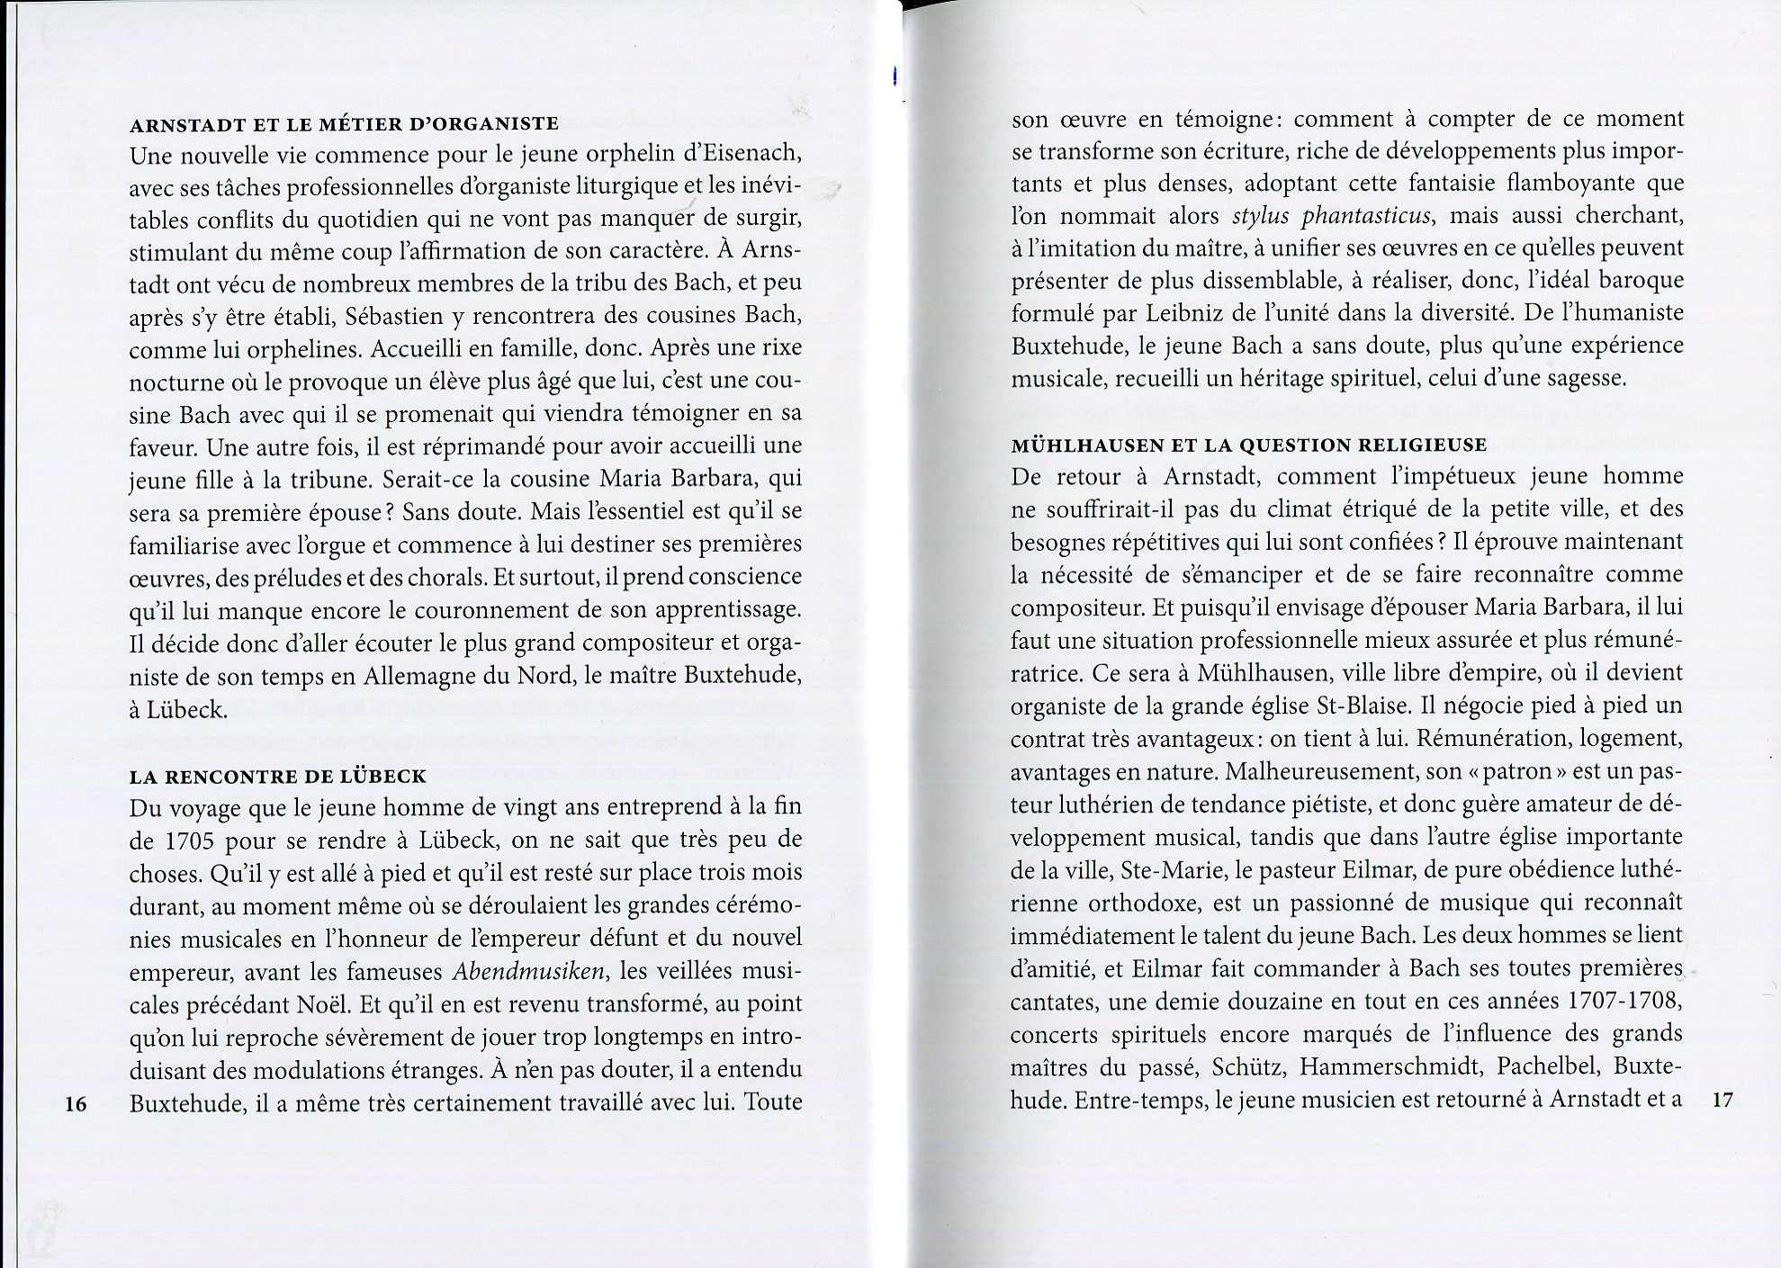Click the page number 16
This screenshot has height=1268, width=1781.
(x=76, y=1103)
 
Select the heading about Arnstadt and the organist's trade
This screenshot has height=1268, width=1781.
(x=344, y=123)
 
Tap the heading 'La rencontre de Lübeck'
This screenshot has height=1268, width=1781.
(x=277, y=776)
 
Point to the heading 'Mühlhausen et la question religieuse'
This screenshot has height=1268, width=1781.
(x=1248, y=445)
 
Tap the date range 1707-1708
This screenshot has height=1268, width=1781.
(x=1625, y=1001)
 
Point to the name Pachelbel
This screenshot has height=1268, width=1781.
(x=1547, y=1066)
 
